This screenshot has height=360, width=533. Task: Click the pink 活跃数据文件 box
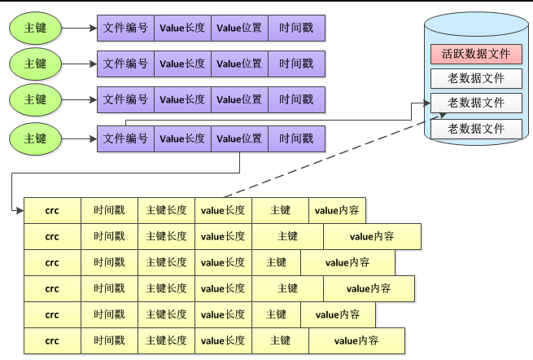[476, 55]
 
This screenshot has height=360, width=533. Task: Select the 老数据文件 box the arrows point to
[476, 103]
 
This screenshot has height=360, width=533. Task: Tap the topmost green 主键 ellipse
[35, 29]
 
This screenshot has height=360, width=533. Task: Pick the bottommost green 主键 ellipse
[35, 138]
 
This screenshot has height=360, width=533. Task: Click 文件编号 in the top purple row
[125, 29]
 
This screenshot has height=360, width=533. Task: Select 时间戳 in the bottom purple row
[296, 139]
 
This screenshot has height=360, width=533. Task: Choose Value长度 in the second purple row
[182, 64]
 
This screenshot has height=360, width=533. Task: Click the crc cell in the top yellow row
[52, 211]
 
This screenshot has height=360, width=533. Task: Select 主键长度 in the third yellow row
[166, 262]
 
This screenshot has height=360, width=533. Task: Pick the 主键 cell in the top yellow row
[280, 211]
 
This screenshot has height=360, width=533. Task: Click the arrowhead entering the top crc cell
[20, 211]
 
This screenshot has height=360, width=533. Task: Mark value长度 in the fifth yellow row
[223, 314]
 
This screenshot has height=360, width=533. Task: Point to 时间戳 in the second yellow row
[109, 236]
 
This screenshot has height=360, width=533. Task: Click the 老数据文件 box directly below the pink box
[476, 79]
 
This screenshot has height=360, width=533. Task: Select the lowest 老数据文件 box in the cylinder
[476, 128]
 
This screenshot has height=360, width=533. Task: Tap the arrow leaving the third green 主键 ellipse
[79, 99]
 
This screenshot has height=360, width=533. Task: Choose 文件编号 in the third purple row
[125, 99]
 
